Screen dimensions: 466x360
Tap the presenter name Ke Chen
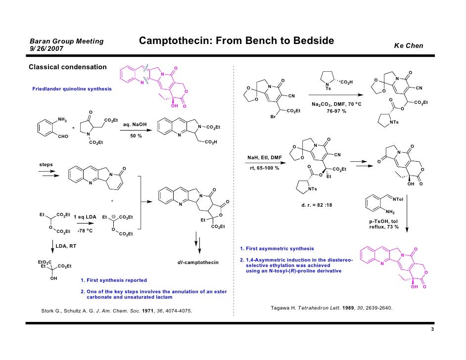(408, 46)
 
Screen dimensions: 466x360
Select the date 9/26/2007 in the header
(47, 49)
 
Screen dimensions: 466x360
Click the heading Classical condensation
(67, 67)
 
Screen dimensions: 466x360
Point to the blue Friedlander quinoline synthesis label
(72, 89)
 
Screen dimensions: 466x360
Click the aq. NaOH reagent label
(135, 125)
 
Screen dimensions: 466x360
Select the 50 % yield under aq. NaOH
(136, 136)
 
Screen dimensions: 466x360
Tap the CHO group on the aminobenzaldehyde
(63, 136)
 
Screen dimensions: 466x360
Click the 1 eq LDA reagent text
(85, 217)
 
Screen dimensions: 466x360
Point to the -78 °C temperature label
(85, 231)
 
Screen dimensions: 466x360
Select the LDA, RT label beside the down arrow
(66, 246)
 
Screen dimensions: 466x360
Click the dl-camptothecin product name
(198, 263)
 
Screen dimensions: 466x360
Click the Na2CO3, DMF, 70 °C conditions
(336, 104)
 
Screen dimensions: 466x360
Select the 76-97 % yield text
(336, 111)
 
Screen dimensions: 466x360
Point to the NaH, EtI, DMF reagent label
(265, 157)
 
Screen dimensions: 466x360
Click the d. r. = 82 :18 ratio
(317, 205)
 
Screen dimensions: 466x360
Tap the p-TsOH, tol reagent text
(383, 221)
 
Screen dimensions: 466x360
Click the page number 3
(432, 329)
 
